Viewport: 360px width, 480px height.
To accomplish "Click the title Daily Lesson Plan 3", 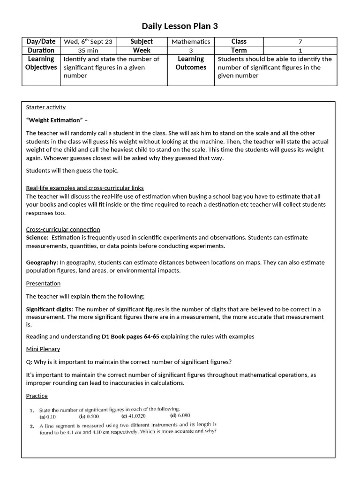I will [x=180, y=26].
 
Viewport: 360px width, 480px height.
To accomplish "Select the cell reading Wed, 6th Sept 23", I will [x=88, y=41].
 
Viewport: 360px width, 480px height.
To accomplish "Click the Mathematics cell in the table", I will [x=191, y=41].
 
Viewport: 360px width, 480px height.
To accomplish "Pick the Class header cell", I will [x=239, y=41].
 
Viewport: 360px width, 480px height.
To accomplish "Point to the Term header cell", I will [x=239, y=50].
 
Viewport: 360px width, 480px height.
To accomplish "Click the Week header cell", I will [x=142, y=50].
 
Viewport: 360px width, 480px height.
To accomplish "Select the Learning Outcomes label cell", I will [x=191, y=63].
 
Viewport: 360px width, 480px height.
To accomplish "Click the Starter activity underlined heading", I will [x=46, y=107].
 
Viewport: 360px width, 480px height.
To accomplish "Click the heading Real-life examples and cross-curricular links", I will [x=85, y=188].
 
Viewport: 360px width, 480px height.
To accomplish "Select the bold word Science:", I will [x=37, y=238].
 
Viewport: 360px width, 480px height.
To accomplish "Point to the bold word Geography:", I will [x=42, y=262].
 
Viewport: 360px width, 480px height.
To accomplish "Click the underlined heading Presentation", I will [x=43, y=283].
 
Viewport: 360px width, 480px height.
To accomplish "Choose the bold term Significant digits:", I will [x=49, y=309].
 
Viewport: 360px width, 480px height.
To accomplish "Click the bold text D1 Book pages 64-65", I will [x=130, y=336].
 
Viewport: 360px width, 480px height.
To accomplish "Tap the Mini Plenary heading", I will [x=43, y=349].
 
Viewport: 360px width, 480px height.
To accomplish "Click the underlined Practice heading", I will [x=37, y=396].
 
